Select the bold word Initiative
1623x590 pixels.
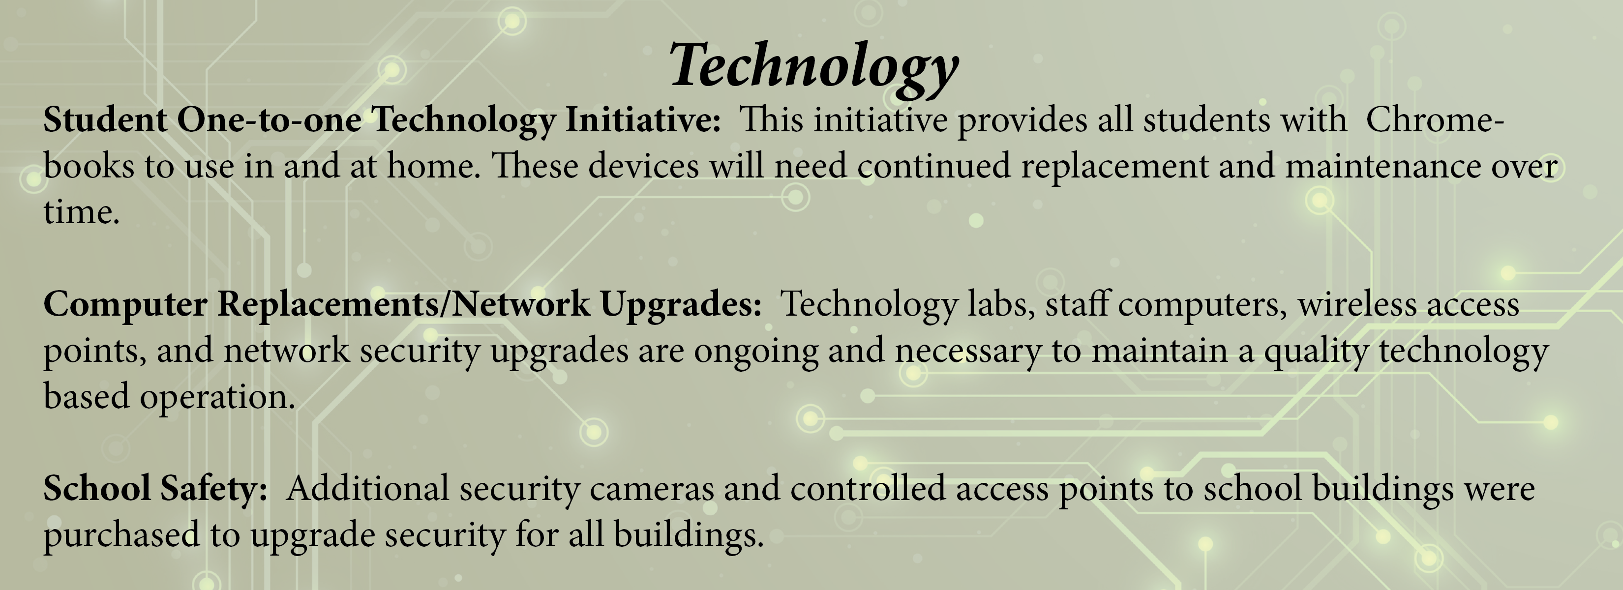click(643, 119)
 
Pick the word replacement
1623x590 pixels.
click(1114, 166)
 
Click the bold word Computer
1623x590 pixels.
click(125, 304)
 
